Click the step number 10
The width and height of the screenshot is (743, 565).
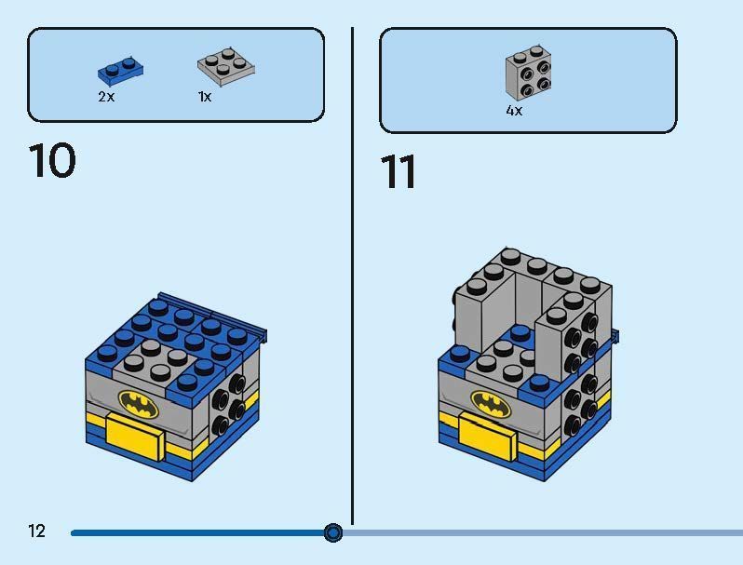click(52, 161)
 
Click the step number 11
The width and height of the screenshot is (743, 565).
click(399, 173)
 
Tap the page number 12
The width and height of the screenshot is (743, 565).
click(36, 531)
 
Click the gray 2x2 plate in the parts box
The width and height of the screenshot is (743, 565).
click(225, 65)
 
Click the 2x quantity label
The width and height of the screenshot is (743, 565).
click(106, 97)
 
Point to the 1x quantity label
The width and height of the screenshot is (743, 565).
click(205, 97)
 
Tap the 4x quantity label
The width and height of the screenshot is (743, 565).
click(514, 111)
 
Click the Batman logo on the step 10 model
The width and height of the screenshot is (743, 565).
click(139, 403)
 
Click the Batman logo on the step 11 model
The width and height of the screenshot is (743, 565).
click(490, 402)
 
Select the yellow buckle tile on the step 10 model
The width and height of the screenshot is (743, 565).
click(134, 433)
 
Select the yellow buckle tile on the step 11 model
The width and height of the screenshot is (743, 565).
click(486, 433)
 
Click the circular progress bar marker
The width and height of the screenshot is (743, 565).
click(333, 532)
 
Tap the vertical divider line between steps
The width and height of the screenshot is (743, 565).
click(353, 279)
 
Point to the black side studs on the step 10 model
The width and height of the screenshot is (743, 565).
click(226, 405)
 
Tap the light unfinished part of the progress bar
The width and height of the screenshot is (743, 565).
click(540, 532)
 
